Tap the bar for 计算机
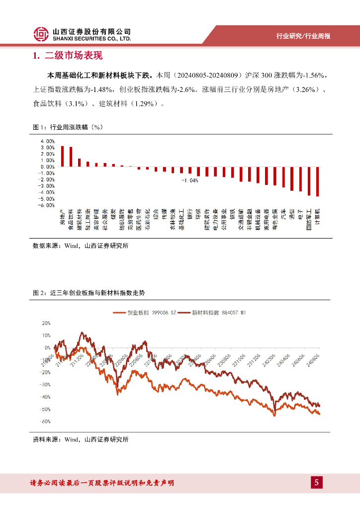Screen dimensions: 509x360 pyautogui.click(x=317, y=181)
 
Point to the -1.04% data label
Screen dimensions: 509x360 pyautogui.click(x=189, y=180)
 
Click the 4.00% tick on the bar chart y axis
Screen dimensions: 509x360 pyautogui.click(x=48, y=141)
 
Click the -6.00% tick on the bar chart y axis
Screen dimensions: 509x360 pyautogui.click(x=47, y=205)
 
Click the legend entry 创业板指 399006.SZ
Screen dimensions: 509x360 pyautogui.click(x=145, y=312)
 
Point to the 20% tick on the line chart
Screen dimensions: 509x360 pyautogui.click(x=46, y=323)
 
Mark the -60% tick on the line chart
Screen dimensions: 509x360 pyautogui.click(x=45, y=422)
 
